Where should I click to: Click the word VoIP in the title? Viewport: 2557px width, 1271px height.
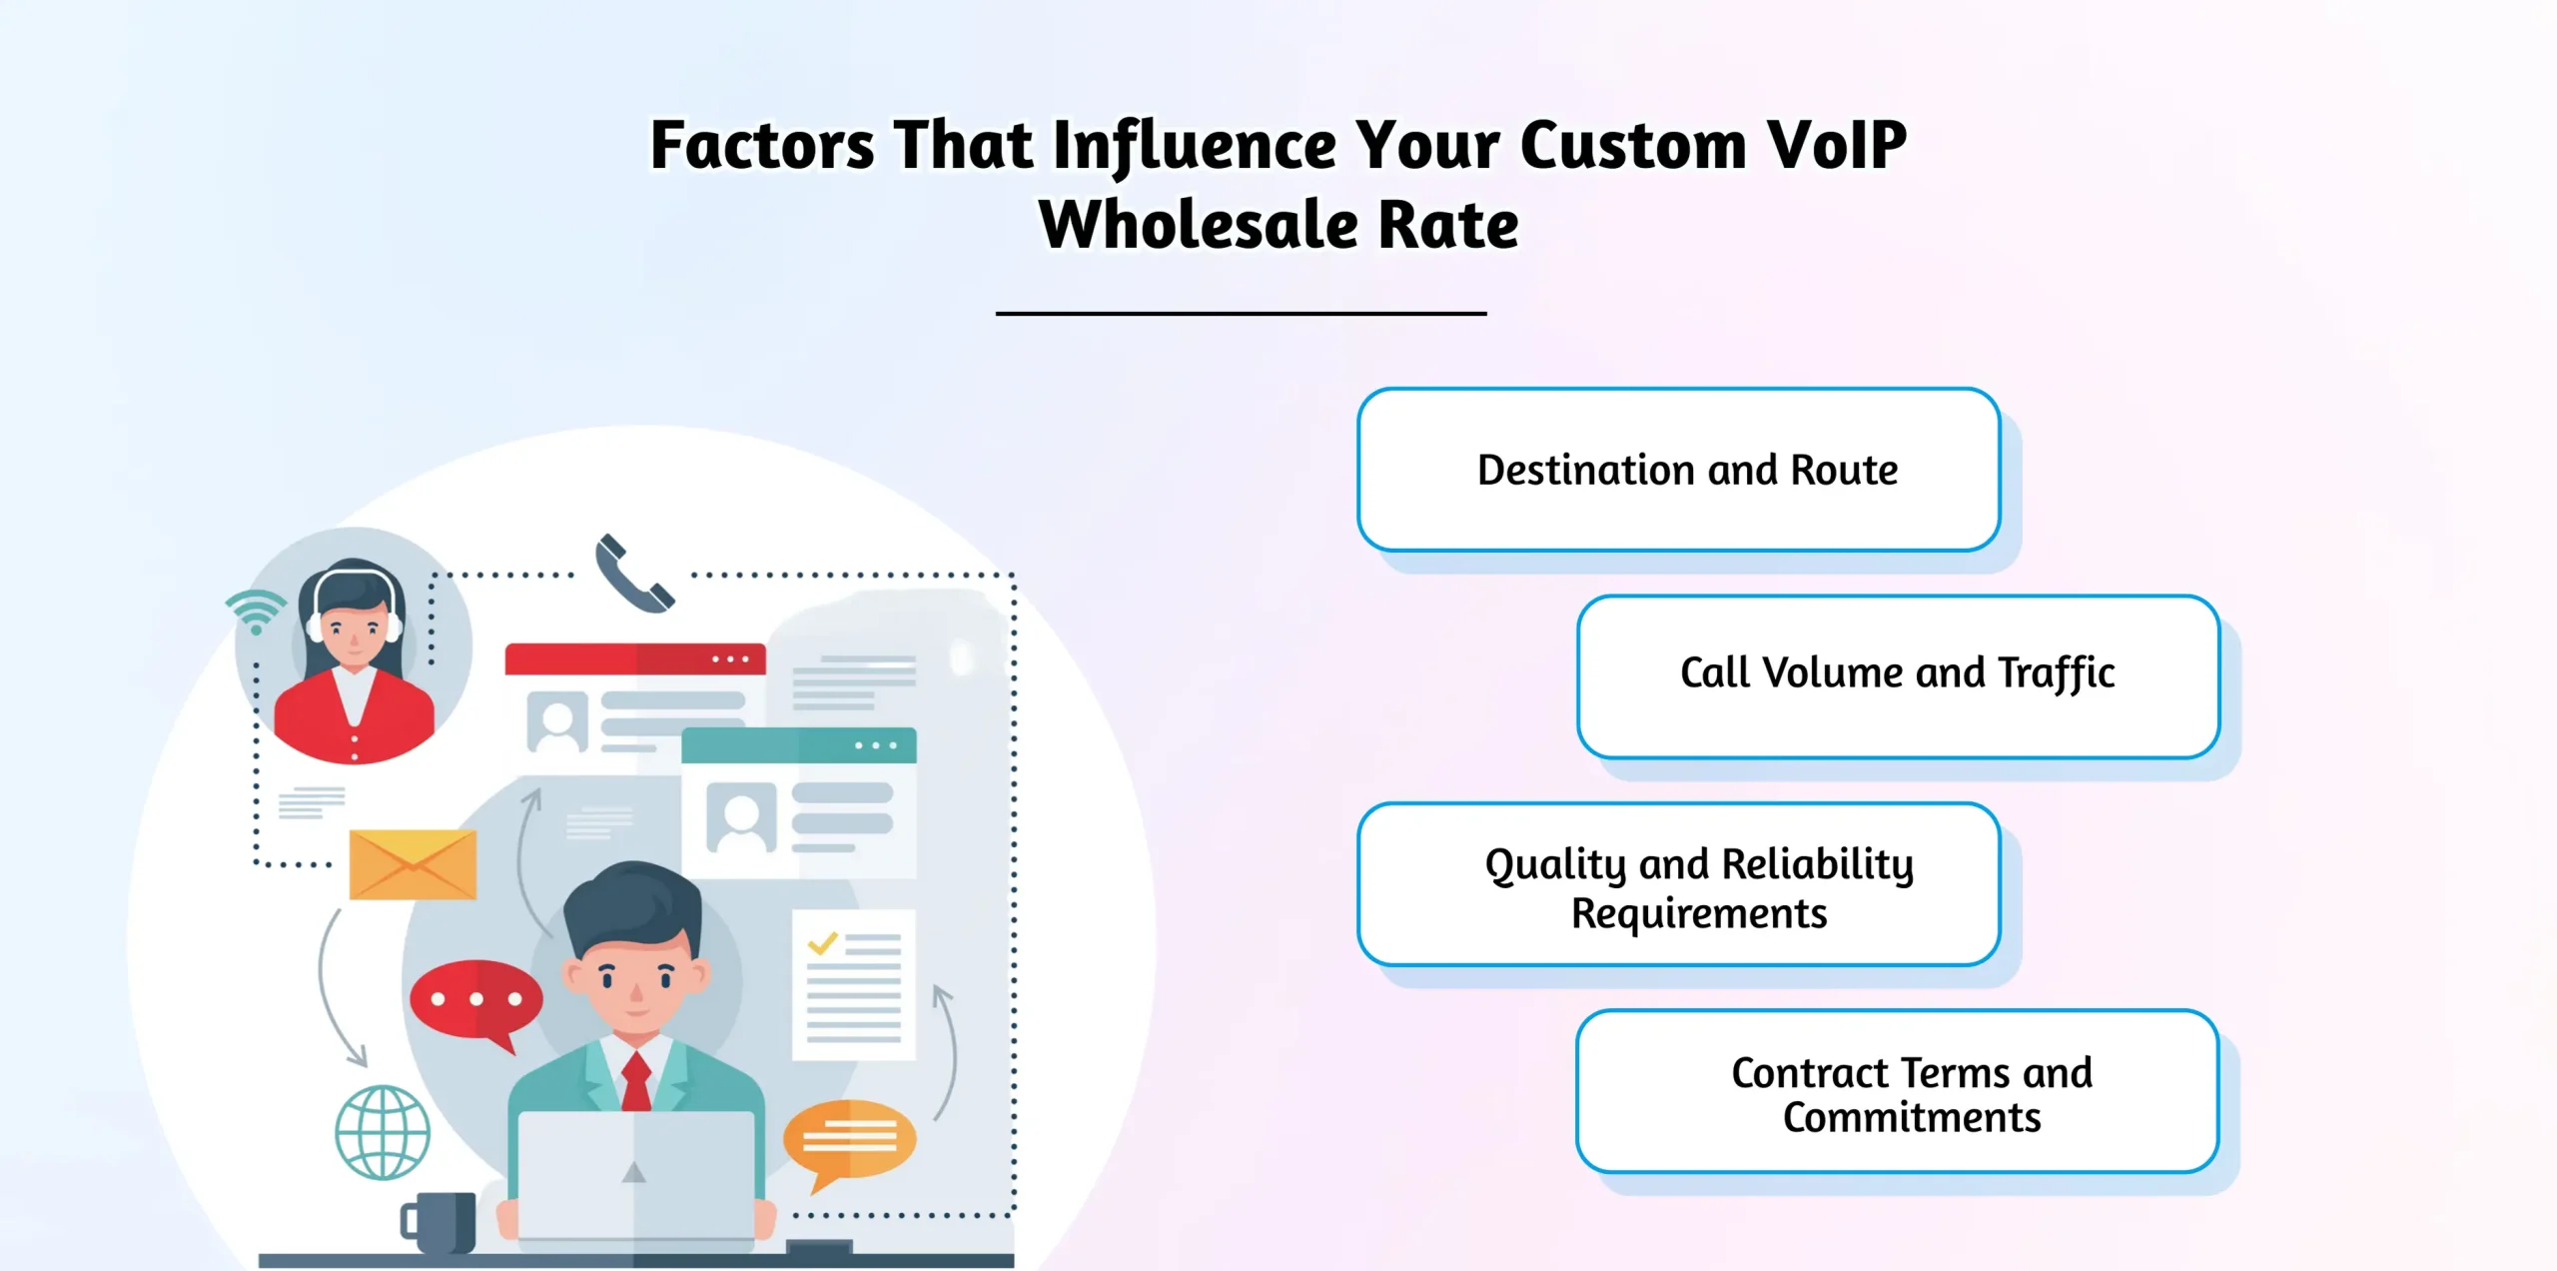tap(1836, 146)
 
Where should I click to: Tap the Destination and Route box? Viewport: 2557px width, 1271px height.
tap(1678, 470)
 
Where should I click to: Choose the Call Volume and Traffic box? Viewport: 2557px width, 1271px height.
tap(1898, 676)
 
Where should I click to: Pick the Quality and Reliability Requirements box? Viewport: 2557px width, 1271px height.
tap(1678, 884)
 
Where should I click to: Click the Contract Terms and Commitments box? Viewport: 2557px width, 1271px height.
tap(1898, 1091)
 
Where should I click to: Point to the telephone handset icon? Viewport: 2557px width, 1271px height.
tap(632, 574)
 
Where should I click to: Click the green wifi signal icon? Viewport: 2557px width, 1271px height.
tap(256, 611)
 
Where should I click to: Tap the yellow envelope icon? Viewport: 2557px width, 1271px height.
tap(413, 864)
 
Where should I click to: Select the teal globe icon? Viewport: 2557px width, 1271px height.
tap(383, 1132)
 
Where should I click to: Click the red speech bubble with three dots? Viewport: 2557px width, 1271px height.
tap(475, 1000)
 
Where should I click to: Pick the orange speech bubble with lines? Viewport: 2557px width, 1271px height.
tap(849, 1138)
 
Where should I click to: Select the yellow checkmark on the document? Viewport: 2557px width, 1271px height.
tap(822, 942)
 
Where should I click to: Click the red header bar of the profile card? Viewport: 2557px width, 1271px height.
tap(634, 659)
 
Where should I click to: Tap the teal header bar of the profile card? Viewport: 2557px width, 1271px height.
tap(798, 745)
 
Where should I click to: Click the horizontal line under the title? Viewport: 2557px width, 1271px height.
tap(1241, 314)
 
